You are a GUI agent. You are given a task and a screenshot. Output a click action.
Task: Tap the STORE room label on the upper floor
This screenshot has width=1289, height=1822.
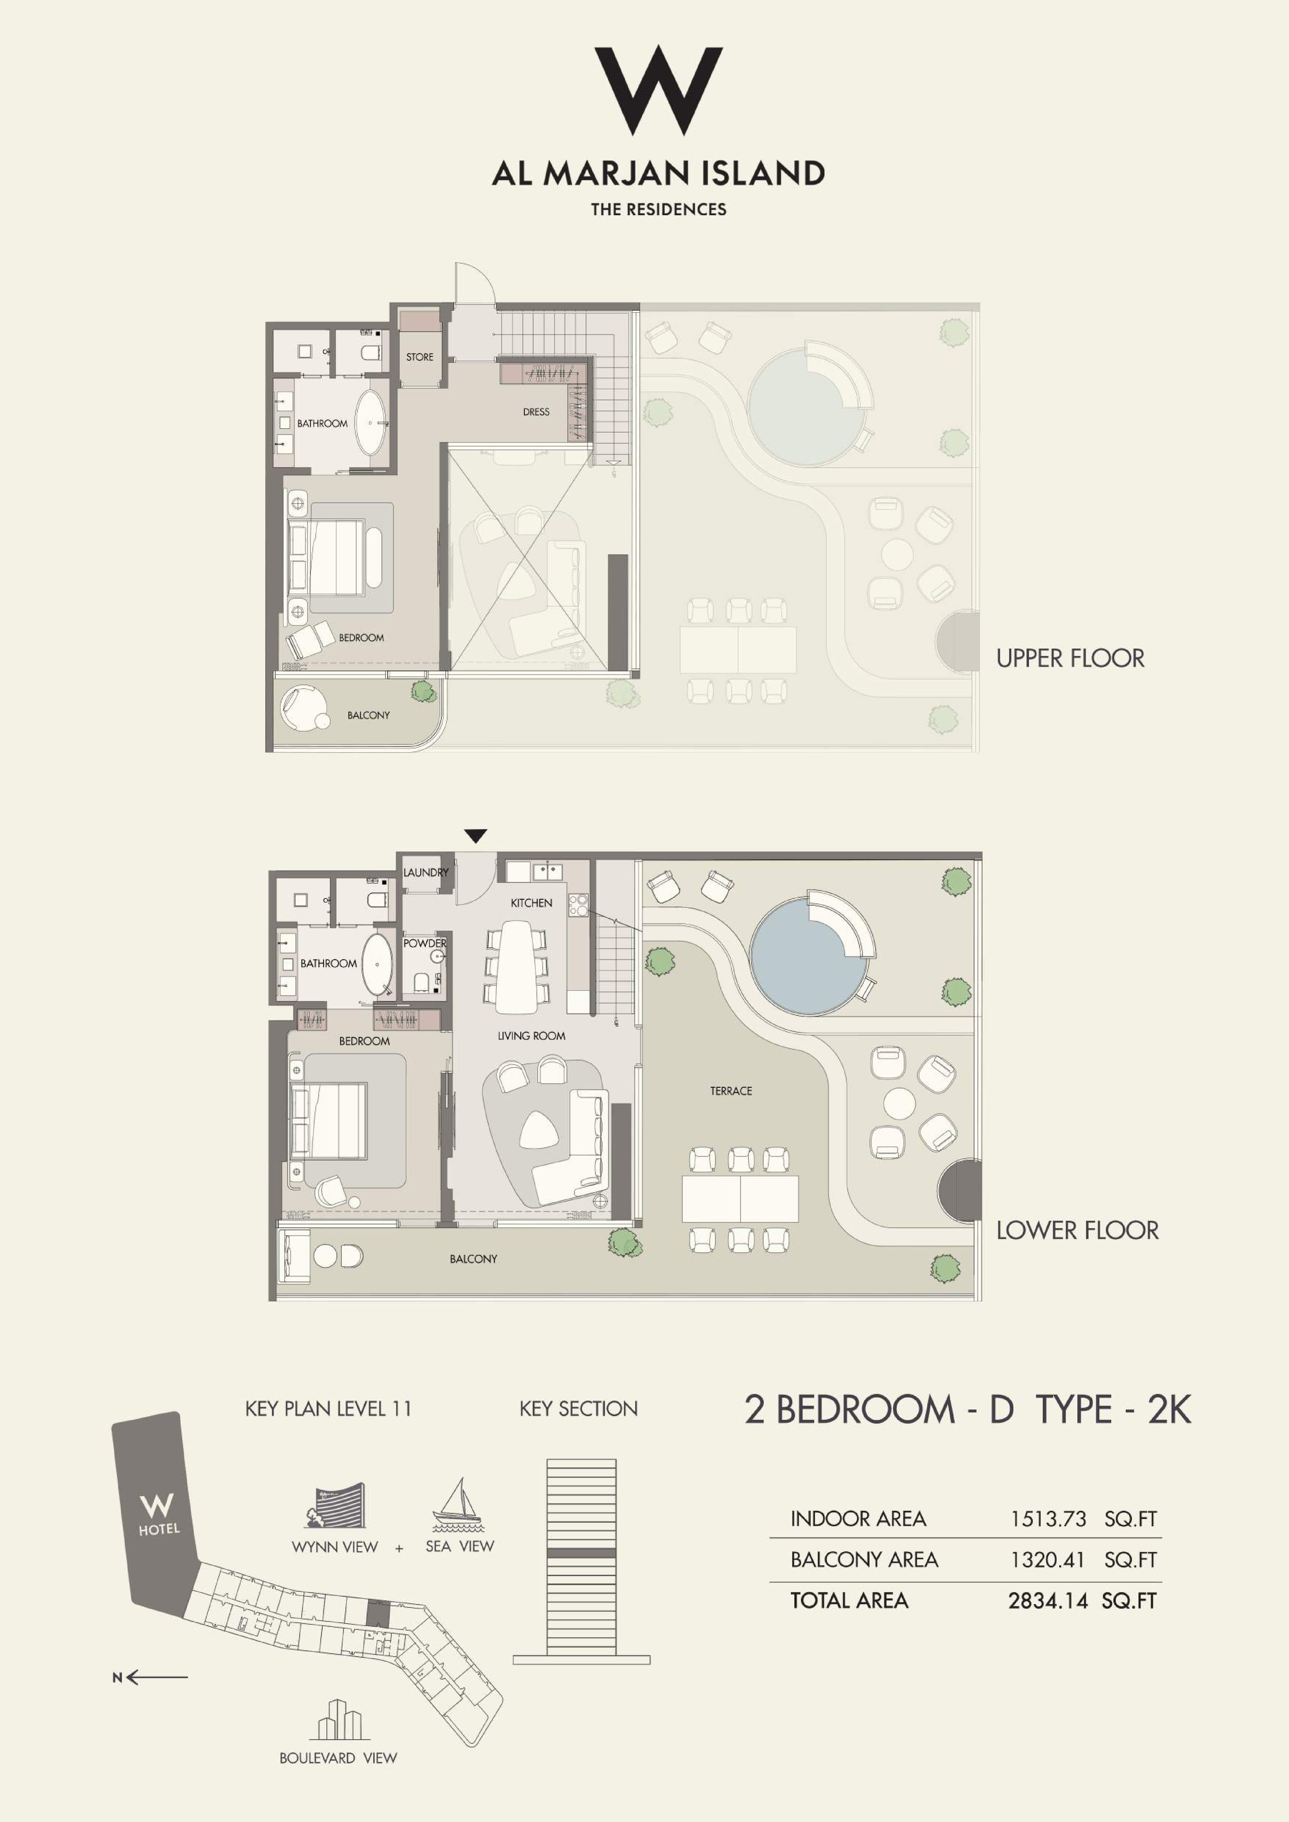[420, 357]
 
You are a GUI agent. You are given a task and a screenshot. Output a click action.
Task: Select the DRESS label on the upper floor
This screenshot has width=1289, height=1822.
[536, 412]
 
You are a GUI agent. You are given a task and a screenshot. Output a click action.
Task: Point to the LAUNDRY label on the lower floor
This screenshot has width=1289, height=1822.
[425, 872]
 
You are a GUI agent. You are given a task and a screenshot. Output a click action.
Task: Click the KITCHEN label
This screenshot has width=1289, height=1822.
[531, 903]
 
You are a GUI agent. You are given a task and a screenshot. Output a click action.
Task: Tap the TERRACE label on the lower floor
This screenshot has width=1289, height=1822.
[731, 1091]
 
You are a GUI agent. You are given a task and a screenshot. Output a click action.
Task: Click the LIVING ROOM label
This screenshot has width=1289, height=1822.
[531, 1036]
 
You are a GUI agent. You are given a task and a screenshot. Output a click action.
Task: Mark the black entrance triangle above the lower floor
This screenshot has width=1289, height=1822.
[475, 836]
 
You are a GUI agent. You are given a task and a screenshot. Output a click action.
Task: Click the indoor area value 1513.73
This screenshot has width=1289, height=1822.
[1048, 1519]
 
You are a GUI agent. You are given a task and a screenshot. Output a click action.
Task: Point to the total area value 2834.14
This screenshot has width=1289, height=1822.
[1048, 1601]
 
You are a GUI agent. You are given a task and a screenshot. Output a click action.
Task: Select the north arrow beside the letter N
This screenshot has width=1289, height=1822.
[157, 1678]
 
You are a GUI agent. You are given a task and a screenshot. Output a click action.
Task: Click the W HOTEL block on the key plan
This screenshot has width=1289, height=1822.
[156, 1513]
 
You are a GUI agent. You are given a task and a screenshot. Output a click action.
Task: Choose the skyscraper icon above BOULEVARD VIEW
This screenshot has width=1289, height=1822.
[339, 1720]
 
